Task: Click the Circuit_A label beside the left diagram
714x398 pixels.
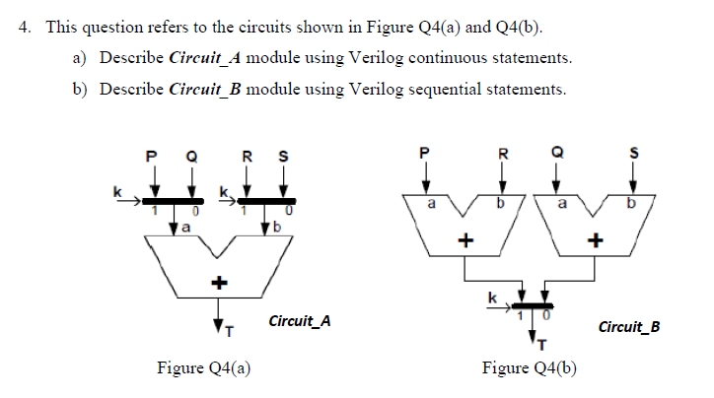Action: (x=299, y=321)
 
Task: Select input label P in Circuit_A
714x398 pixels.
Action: (x=152, y=155)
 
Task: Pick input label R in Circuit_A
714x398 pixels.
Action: (x=248, y=155)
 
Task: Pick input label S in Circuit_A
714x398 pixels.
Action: (x=284, y=155)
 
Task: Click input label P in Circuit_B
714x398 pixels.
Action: (x=425, y=153)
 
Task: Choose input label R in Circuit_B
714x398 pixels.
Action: (x=503, y=153)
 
